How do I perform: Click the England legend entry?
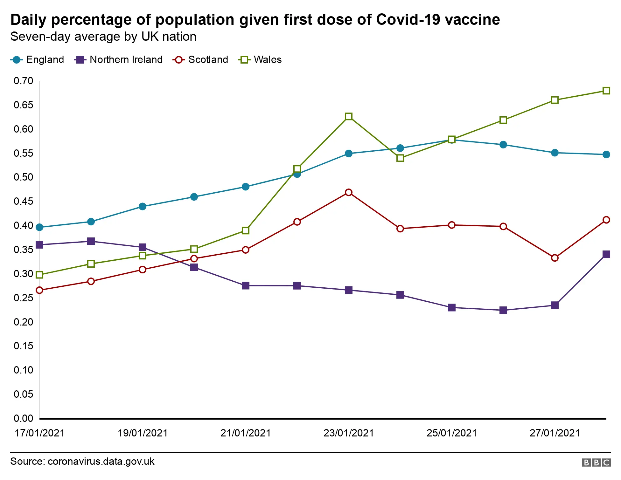coord(38,60)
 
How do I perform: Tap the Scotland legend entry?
coord(201,60)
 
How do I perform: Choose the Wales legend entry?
coord(260,60)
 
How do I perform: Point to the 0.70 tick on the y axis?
coord(24,81)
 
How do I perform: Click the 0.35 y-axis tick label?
coord(24,250)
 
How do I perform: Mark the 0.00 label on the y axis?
coord(24,418)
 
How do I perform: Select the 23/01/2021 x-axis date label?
coord(349,433)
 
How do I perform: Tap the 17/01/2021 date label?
coord(40,433)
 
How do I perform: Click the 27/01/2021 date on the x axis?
coord(555,433)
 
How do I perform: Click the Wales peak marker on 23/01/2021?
coord(349,116)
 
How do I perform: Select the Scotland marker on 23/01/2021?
coord(349,192)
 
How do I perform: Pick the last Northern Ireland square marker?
coord(606,254)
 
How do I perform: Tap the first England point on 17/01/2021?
coord(40,227)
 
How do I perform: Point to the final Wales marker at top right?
coord(606,91)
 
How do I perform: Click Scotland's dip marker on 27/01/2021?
coord(555,258)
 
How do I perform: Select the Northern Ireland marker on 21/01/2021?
coord(246,285)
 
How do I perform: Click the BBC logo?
coord(596,463)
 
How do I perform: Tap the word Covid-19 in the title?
coord(408,20)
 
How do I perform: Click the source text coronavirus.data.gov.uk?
coord(101,462)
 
